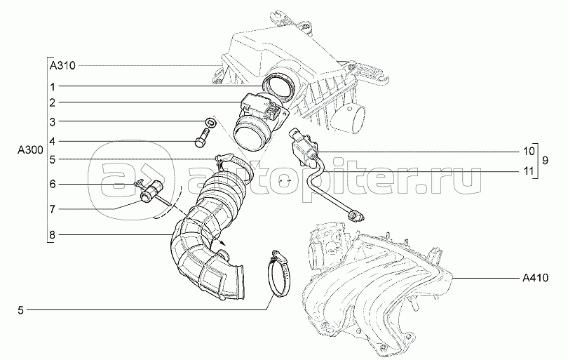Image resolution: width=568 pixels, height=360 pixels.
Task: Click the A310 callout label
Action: [62, 66]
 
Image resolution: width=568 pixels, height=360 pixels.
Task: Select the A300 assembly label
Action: [30, 150]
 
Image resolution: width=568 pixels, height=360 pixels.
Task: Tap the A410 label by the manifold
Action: [536, 278]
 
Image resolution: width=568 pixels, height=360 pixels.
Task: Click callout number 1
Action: [53, 86]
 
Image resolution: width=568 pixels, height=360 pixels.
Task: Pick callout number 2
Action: [53, 102]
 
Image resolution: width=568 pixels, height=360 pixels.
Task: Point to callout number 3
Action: [53, 122]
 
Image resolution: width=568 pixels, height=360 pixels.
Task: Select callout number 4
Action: [53, 141]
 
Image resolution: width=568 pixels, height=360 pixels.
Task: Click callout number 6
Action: [53, 184]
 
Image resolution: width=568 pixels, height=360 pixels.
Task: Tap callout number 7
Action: [53, 209]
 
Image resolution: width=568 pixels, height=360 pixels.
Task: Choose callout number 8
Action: [53, 235]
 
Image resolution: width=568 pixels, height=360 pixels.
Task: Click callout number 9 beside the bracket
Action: [545, 161]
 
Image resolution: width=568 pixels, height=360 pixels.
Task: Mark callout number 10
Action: [529, 151]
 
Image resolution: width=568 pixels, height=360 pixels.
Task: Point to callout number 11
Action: [529, 171]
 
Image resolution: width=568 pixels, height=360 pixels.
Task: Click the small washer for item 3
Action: [211, 122]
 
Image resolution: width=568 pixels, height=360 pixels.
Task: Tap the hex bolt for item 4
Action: [201, 138]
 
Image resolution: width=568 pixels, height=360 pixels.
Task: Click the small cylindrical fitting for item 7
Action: [151, 192]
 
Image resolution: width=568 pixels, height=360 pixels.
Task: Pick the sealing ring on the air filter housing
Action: [278, 88]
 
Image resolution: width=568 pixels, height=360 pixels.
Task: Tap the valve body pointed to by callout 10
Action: [302, 147]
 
